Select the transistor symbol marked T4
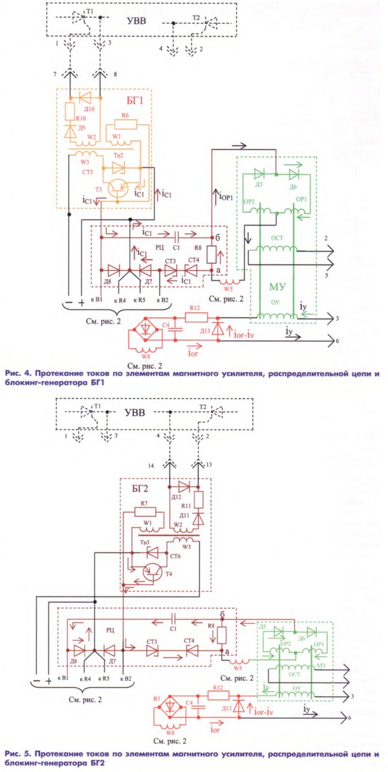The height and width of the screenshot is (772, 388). (153, 570)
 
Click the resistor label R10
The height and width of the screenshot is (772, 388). (81, 119)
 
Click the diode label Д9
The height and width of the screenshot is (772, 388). (81, 127)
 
